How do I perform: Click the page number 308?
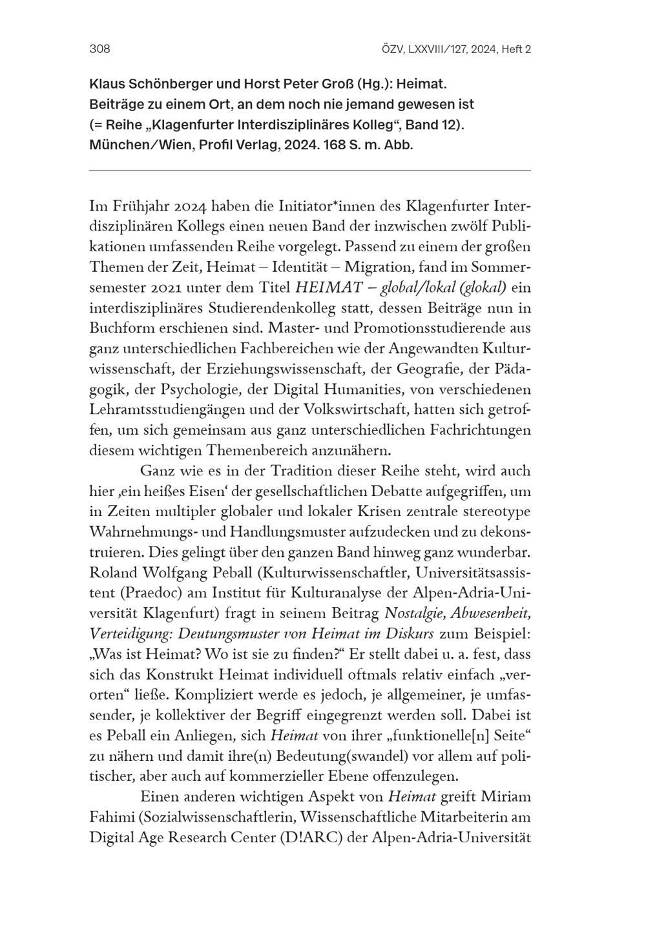[100, 49]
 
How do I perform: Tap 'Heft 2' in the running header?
[516, 49]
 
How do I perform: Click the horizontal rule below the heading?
[309, 171]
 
